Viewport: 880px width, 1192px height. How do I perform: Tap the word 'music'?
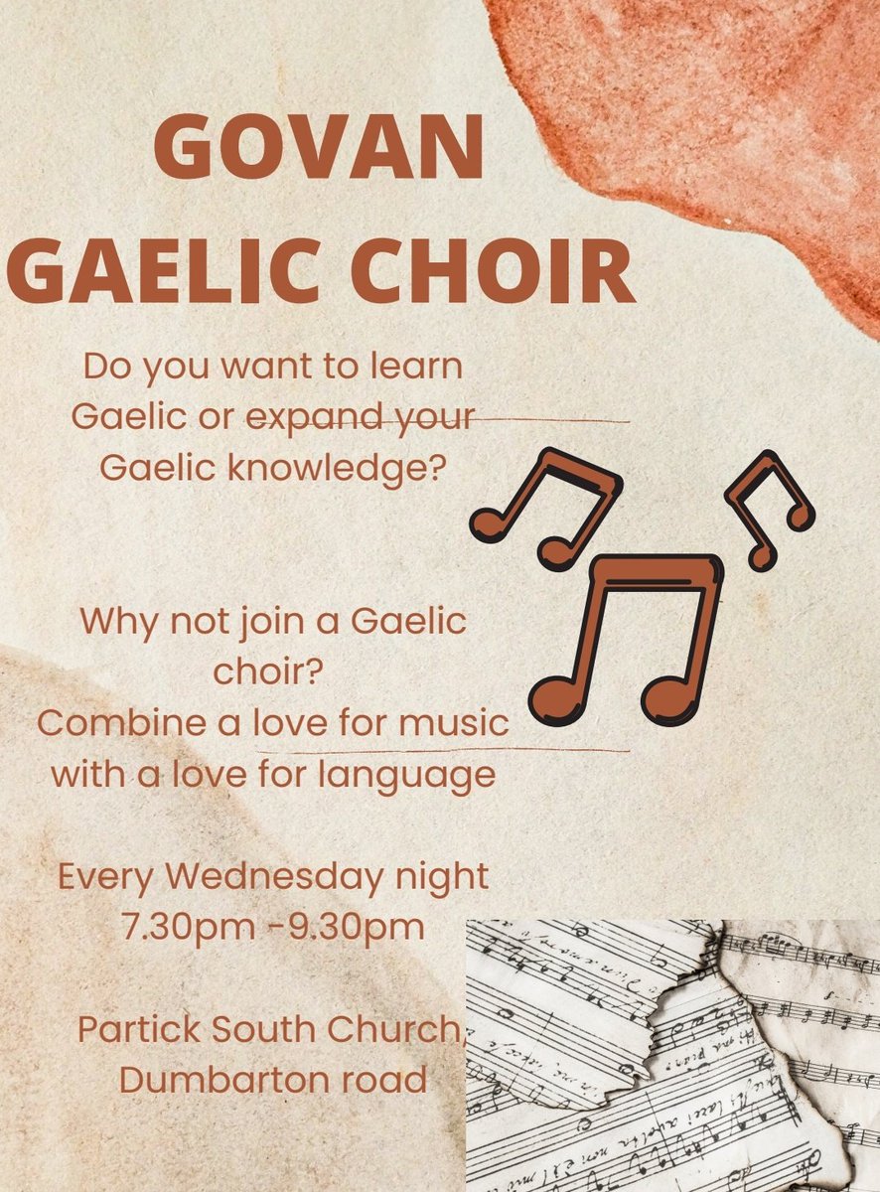point(453,723)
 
